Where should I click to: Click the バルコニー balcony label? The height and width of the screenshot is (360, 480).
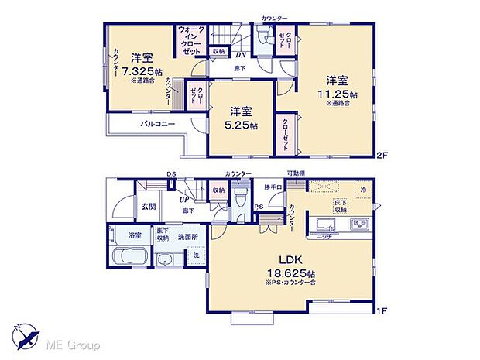click(157, 125)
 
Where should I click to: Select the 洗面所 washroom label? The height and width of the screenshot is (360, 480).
click(190, 237)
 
